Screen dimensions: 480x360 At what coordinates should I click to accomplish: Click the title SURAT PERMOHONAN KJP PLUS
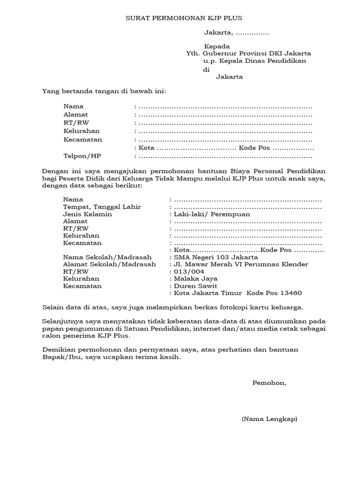pyautogui.click(x=184, y=18)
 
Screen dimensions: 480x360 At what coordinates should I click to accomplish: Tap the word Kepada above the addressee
pyautogui.click(x=217, y=46)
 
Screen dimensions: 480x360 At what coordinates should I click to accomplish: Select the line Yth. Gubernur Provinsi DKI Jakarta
pyautogui.click(x=248, y=53)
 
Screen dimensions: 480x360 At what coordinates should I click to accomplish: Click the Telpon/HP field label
pyautogui.click(x=82, y=156)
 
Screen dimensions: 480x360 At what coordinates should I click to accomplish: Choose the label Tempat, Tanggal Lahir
pyautogui.click(x=102, y=207)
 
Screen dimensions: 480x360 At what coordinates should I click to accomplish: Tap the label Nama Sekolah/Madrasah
pyautogui.click(x=107, y=257)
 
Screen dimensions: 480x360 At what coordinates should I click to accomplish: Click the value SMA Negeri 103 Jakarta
pyautogui.click(x=216, y=257)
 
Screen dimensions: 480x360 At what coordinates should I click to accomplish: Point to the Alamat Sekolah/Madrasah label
pyautogui.click(x=109, y=264)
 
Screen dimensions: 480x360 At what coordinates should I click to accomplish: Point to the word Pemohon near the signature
pyautogui.click(x=269, y=383)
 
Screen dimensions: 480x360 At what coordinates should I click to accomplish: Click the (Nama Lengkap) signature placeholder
pyautogui.click(x=270, y=419)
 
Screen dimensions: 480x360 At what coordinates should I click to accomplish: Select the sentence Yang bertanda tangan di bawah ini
pyautogui.click(x=104, y=91)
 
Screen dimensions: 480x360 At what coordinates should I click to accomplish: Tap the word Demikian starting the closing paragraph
pyautogui.click(x=58, y=350)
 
